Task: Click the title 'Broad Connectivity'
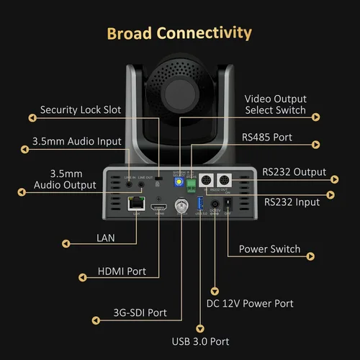tap(179, 33)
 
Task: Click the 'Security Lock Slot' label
tap(81, 110)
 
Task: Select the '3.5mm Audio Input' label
tap(76, 141)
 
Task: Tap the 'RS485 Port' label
tap(267, 137)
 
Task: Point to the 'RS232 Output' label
tap(294, 172)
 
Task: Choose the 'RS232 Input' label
tap(291, 202)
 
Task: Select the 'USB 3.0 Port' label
tap(201, 341)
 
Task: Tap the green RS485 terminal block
tap(192, 185)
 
